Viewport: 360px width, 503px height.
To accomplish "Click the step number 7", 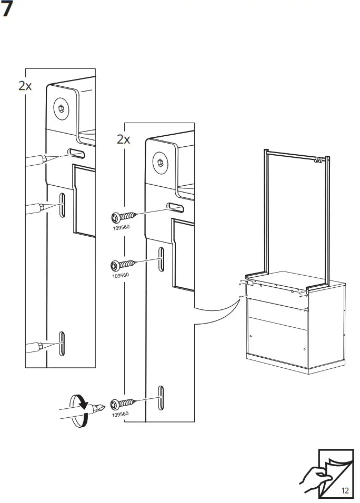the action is point(6,8).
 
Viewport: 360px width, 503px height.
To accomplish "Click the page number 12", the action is point(345,490).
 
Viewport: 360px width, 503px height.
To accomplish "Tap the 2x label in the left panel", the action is point(25,86).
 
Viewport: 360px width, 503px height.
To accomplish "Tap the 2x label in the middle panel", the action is point(124,139).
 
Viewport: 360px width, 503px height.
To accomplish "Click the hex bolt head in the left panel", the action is point(61,109).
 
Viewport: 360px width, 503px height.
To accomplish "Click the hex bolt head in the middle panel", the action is point(161,163).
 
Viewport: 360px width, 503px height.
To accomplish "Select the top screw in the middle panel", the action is point(124,217).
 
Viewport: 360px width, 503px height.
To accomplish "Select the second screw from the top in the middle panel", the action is point(123,265).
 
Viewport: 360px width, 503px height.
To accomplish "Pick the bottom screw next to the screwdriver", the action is point(123,404).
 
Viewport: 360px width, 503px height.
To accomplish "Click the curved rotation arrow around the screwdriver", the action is point(78,411).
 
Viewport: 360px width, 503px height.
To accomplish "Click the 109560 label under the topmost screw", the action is point(121,227).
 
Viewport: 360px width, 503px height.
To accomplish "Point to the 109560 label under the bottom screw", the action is point(120,414).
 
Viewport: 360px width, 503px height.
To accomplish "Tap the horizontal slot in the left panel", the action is point(76,153).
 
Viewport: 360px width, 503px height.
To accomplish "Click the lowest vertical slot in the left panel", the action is point(61,344).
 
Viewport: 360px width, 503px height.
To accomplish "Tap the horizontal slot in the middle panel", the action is point(175,207).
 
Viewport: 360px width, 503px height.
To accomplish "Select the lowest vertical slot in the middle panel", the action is point(161,398).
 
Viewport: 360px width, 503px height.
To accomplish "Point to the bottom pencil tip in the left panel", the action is point(60,343).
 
